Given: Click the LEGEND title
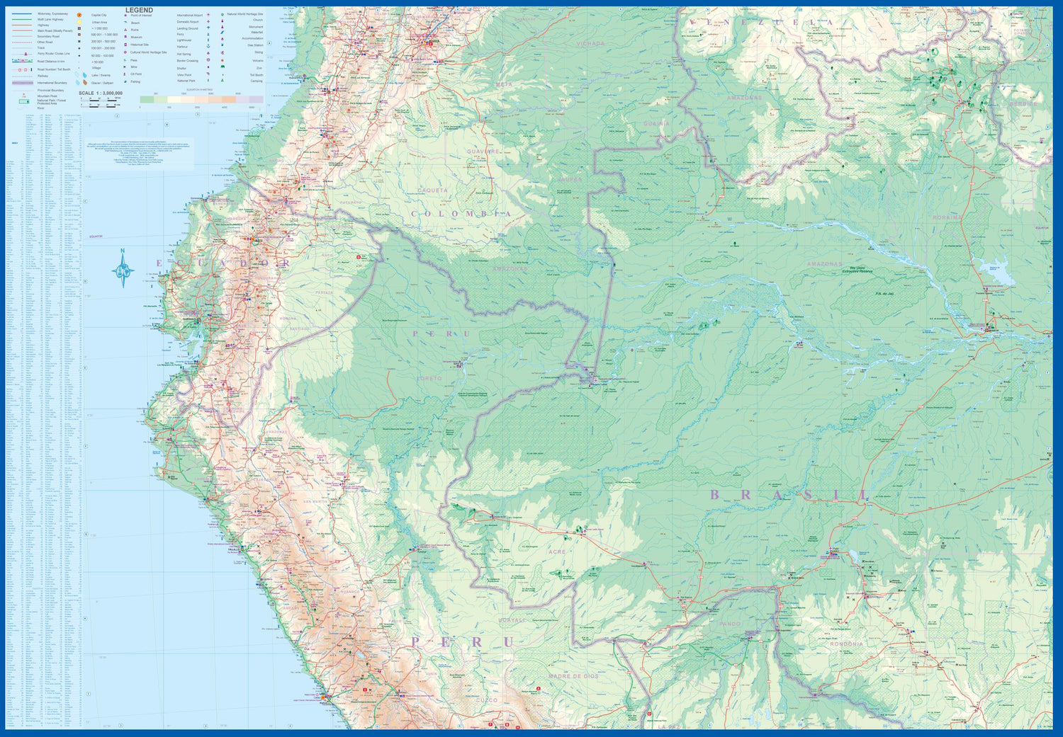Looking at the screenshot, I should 139,11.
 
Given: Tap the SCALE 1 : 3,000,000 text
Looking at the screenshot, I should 101,93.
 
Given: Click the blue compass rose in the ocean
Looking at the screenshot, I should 123,270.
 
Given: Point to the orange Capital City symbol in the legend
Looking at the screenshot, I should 79,15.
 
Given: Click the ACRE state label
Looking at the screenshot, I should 558,552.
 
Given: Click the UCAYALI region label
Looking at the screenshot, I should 512,620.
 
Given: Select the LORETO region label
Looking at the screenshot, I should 429,379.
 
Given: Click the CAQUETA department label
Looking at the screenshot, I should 432,190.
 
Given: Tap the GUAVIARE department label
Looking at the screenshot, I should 484,152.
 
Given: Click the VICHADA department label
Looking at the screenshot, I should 590,44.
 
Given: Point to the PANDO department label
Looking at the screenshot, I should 730,624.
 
